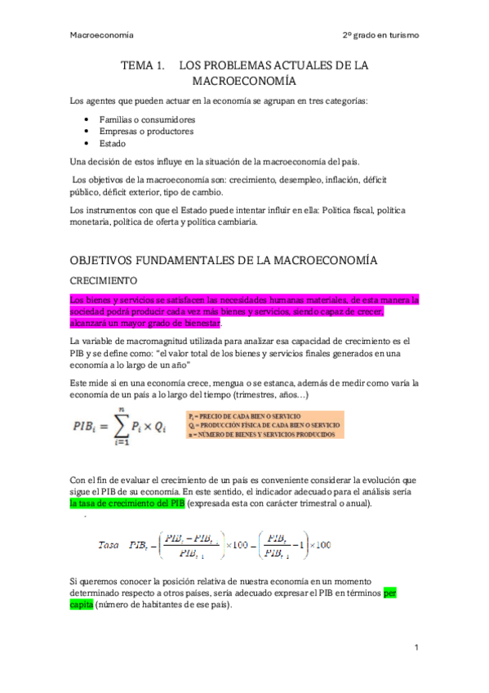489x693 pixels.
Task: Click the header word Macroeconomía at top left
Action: pos(102,36)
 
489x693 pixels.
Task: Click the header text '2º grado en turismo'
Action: pos(380,36)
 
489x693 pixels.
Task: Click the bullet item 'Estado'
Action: pos(114,142)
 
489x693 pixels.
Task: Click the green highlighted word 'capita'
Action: pos(82,606)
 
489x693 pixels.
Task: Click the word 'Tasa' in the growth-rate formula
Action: pos(109,544)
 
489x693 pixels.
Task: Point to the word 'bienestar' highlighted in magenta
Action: pos(198,323)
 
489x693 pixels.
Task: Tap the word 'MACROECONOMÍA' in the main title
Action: pos(244,82)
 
